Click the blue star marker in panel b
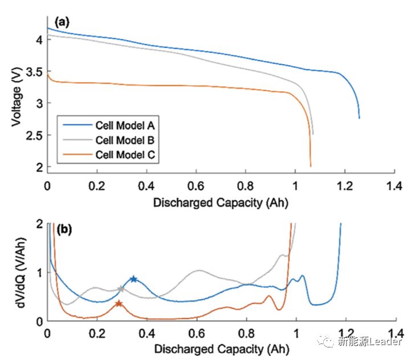133,279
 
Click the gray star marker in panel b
120,289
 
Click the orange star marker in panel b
119,304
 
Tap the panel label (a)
62,23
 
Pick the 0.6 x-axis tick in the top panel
196,186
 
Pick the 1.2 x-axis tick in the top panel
345,186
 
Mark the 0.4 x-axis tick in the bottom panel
147,333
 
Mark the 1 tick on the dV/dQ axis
40,273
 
